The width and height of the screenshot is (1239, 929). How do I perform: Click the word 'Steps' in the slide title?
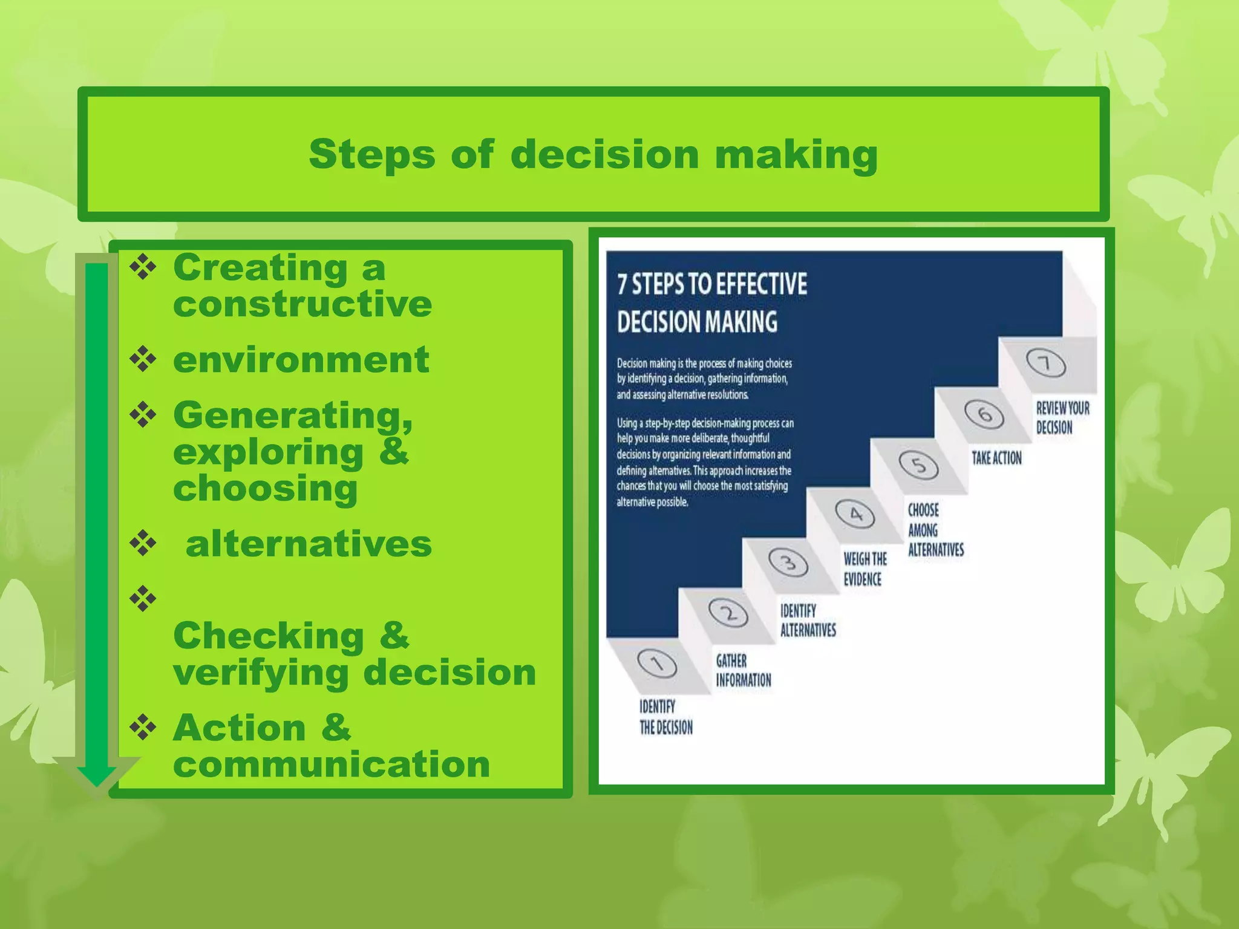pos(371,155)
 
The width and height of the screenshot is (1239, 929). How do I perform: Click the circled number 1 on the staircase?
pos(657,664)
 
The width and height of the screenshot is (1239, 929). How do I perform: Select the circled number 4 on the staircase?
pos(855,514)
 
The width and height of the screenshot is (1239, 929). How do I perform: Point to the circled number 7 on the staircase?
pos(1045,363)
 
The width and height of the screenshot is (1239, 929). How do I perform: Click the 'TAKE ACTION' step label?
pos(996,458)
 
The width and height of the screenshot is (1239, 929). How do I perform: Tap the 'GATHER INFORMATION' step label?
pos(743,670)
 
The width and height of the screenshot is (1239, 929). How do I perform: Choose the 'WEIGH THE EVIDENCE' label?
pos(865,569)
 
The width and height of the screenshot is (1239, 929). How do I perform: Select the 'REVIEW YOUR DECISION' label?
pos(1062,417)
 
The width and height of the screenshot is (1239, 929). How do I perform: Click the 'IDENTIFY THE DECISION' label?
pos(665,717)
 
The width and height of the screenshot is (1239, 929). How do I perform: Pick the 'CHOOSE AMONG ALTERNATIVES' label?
pos(935,530)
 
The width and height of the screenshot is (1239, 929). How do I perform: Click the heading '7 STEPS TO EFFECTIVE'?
pos(711,284)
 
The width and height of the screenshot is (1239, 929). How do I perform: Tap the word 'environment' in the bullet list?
pos(301,360)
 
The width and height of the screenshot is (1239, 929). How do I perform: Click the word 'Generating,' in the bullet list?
pos(293,416)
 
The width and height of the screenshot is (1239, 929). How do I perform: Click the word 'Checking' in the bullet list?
pos(268,636)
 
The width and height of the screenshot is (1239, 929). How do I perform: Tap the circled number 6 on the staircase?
pos(984,414)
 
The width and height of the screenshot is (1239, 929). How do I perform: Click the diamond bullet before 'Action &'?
pos(143,727)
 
